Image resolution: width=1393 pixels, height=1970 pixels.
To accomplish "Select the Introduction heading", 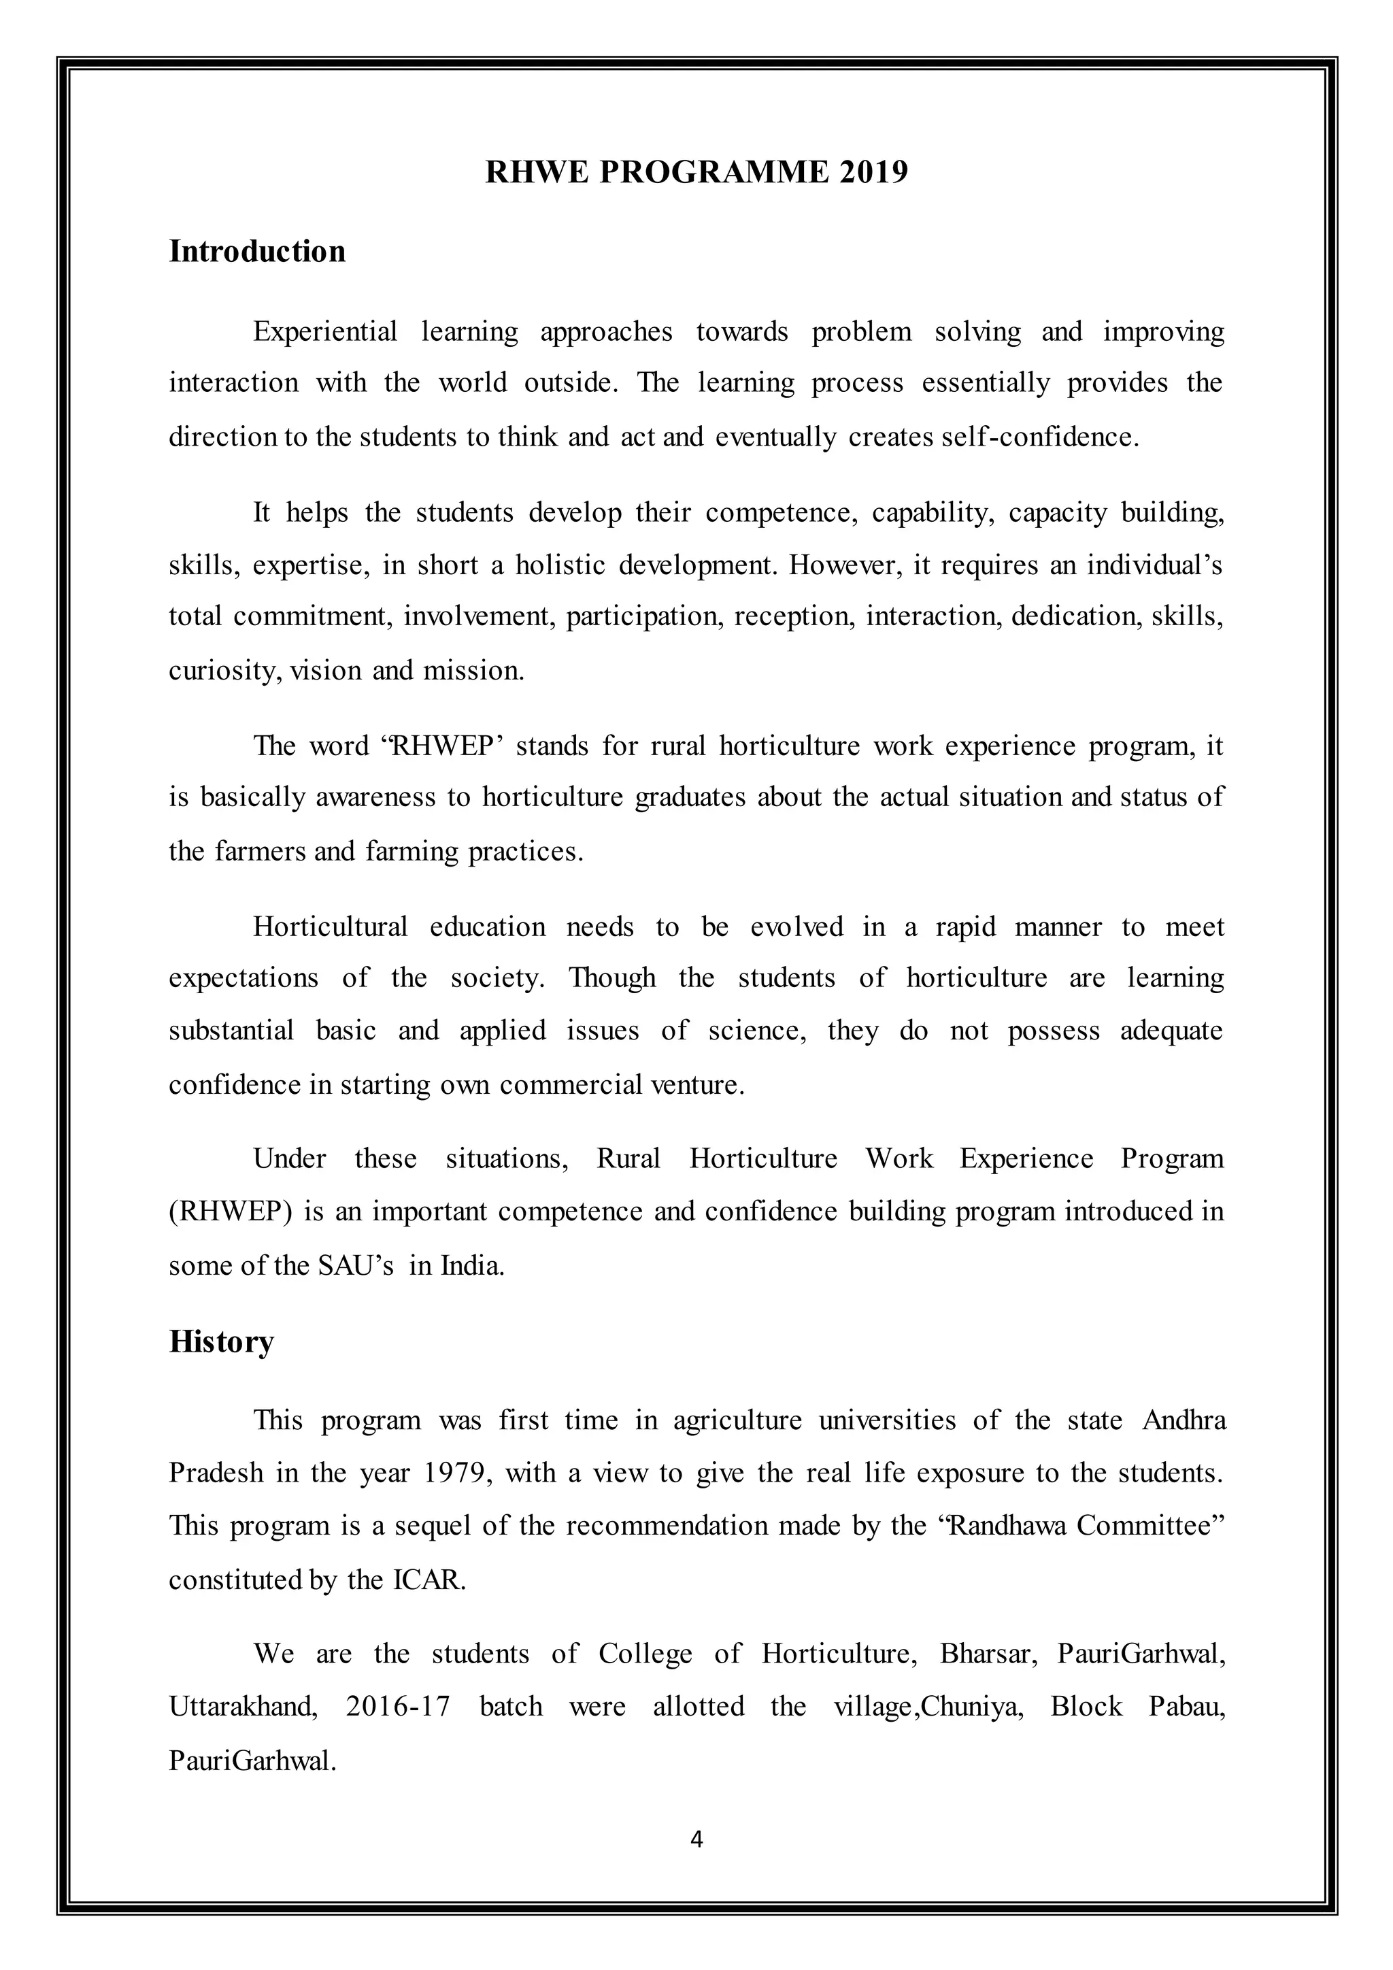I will (x=257, y=252).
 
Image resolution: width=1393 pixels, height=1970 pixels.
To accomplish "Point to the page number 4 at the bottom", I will (x=696, y=1839).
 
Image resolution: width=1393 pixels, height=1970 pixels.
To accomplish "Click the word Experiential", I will (x=325, y=332).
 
